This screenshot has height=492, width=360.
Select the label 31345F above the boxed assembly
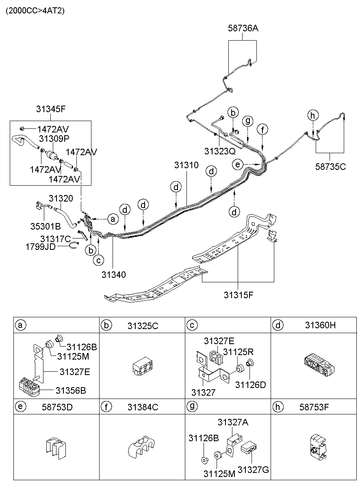pos(50,109)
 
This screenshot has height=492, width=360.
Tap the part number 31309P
pos(54,138)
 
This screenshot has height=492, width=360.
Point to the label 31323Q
pos(219,151)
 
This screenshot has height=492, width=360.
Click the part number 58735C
pos(330,166)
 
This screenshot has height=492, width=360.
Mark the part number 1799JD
pos(40,246)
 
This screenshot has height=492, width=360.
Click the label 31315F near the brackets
pos(239,295)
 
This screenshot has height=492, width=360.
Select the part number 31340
pos(113,274)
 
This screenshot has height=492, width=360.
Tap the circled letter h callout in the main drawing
pos(312,115)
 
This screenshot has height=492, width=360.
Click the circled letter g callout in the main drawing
pos(247,120)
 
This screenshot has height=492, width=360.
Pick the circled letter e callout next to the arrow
pos(238,164)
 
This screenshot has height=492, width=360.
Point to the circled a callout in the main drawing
pos(113,219)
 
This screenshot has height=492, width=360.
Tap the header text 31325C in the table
pos(142,325)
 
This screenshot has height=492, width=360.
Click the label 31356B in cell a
pos(70,390)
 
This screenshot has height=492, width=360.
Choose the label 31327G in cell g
pos(254,470)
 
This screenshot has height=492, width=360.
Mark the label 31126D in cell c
pos(250,384)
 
